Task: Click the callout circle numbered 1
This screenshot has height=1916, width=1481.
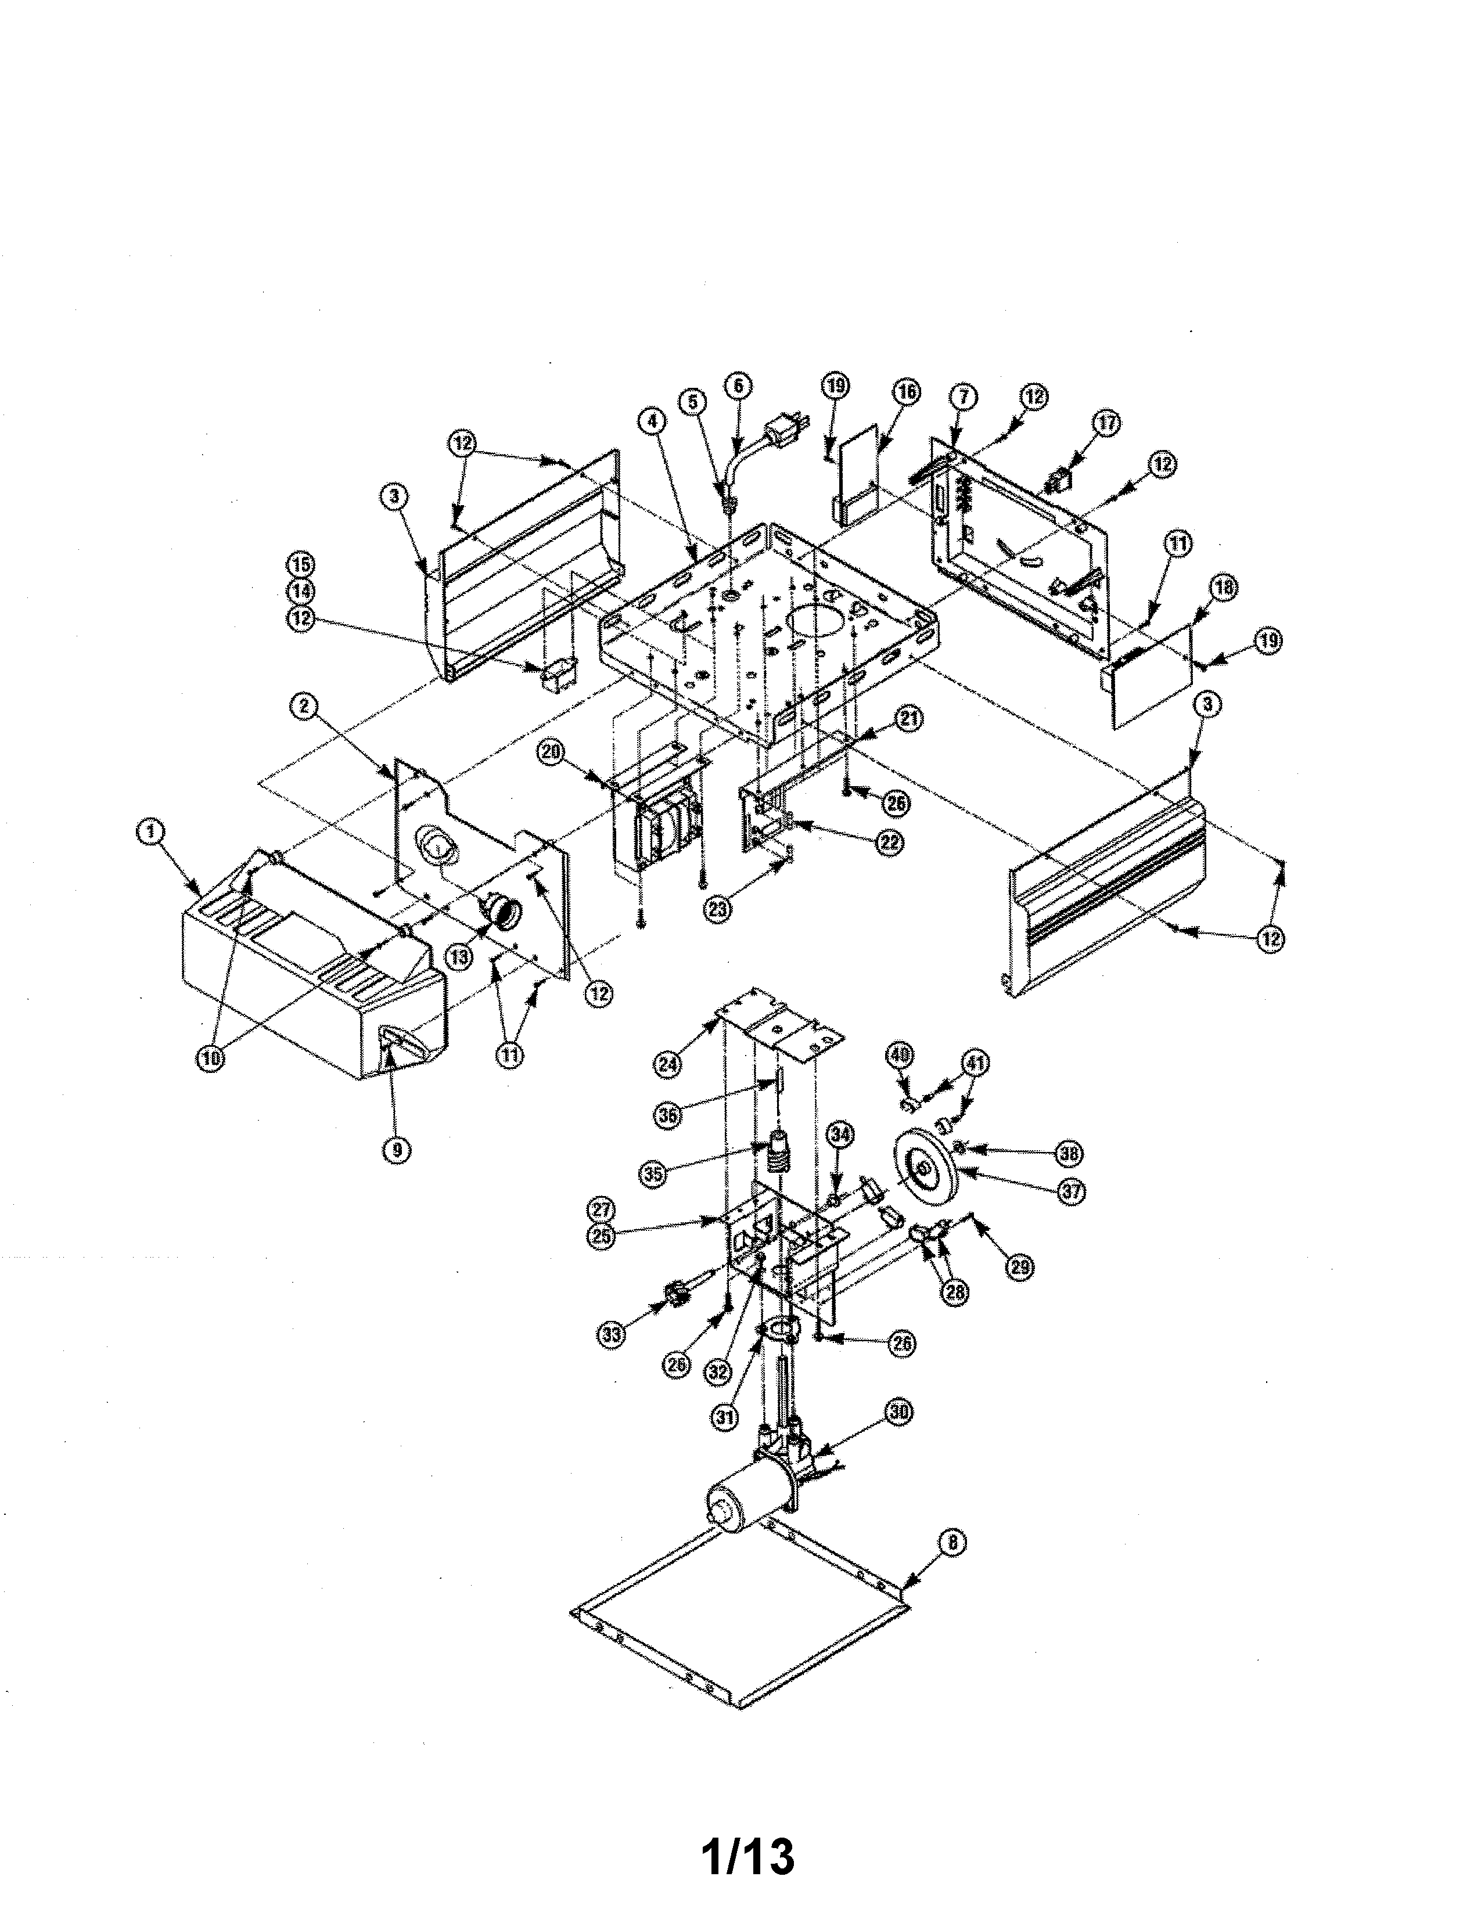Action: (x=151, y=831)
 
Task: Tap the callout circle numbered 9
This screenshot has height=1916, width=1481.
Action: (x=397, y=1148)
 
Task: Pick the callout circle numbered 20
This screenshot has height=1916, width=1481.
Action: (x=551, y=752)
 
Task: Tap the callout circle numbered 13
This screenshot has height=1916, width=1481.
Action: (x=459, y=956)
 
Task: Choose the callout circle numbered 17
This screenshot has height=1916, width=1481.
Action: (x=1107, y=423)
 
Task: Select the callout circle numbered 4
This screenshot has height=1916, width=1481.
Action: (x=651, y=421)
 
